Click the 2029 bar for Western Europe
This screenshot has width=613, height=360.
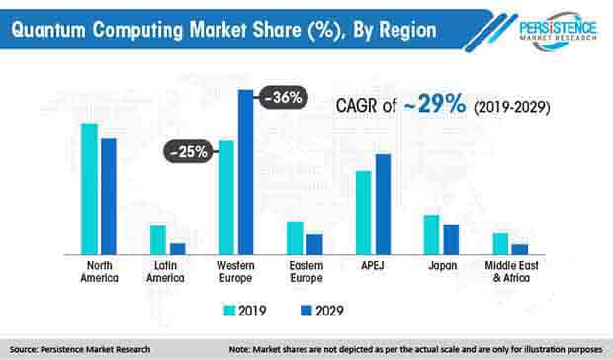245,172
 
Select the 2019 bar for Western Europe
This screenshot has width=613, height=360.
226,198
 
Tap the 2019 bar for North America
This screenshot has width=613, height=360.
89,189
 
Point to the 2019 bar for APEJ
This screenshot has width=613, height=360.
364,213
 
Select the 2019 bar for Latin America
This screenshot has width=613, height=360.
157,240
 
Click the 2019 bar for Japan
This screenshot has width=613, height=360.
431,234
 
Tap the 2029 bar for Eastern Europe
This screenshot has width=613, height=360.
313,244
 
